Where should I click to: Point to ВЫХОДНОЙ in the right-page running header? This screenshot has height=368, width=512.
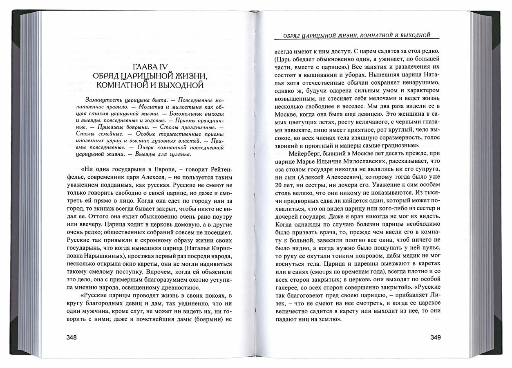413,36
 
